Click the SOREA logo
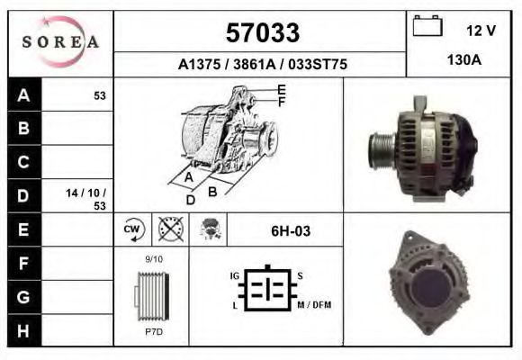(x=60, y=42)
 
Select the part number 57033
(x=263, y=32)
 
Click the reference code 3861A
(x=255, y=64)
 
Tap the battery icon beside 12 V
(x=427, y=25)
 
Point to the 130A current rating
(x=464, y=60)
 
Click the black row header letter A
(x=23, y=95)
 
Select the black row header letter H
(x=23, y=330)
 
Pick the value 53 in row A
(x=100, y=96)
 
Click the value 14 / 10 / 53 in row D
(x=85, y=199)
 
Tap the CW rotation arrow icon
(x=132, y=229)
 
